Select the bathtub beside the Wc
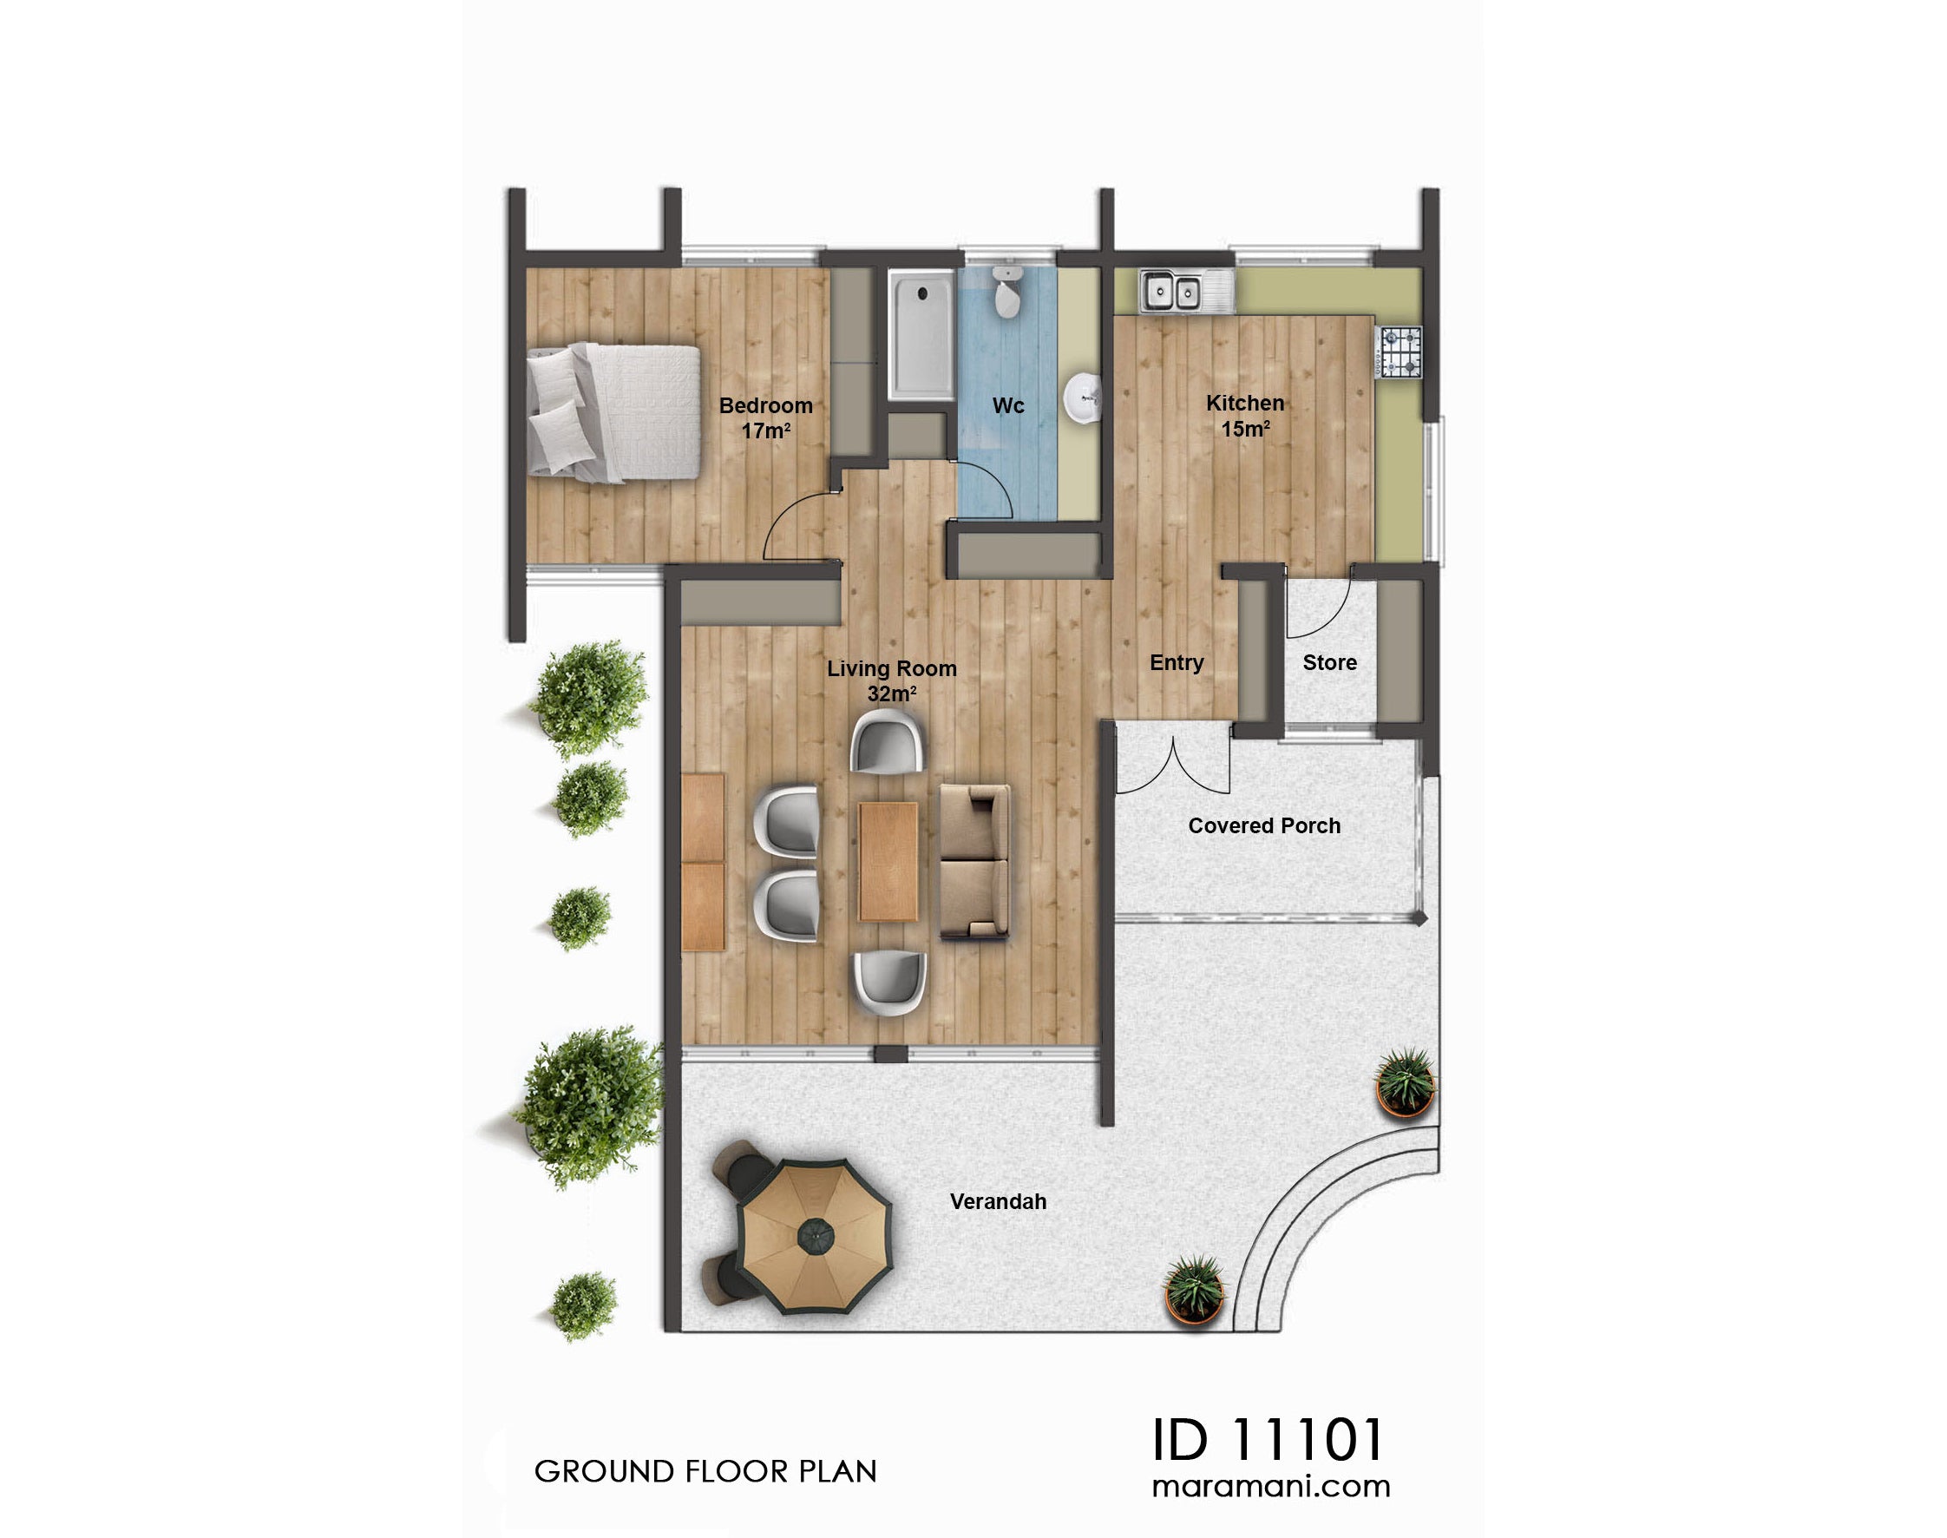(x=921, y=334)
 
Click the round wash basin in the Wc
(x=1083, y=398)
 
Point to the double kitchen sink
(x=1171, y=291)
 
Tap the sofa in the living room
(x=973, y=861)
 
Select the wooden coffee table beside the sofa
(x=888, y=861)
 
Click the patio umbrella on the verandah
(x=815, y=1233)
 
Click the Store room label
(x=1328, y=663)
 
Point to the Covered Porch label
(x=1264, y=825)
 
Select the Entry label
(x=1176, y=663)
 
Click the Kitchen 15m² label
(x=1245, y=415)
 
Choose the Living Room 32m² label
(x=891, y=680)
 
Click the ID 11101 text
(x=1268, y=1439)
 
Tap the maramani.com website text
(x=1270, y=1487)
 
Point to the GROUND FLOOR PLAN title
(x=705, y=1471)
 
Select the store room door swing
(x=1318, y=605)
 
